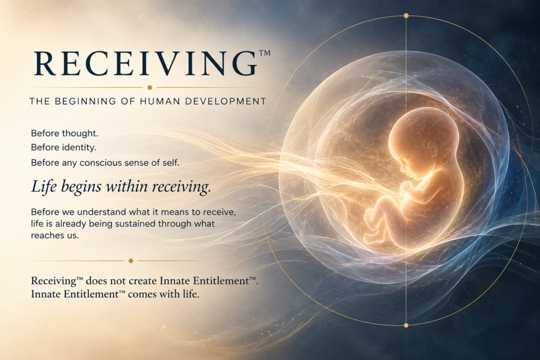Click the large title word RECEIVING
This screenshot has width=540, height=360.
pyautogui.click(x=146, y=64)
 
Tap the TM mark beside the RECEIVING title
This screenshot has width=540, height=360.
pyautogui.click(x=264, y=53)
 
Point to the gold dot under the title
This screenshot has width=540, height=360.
pyautogui.click(x=150, y=87)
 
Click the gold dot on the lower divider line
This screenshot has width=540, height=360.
pyautogui.click(x=131, y=260)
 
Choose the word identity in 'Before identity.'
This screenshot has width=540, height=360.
pyautogui.click(x=79, y=148)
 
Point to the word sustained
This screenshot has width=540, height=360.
pyautogui.click(x=135, y=223)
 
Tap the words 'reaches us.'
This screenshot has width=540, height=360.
pyautogui.click(x=55, y=236)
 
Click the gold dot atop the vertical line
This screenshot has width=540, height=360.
pyautogui.click(x=406, y=15)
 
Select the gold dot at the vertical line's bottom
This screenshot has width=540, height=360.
pyautogui.click(x=406, y=325)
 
